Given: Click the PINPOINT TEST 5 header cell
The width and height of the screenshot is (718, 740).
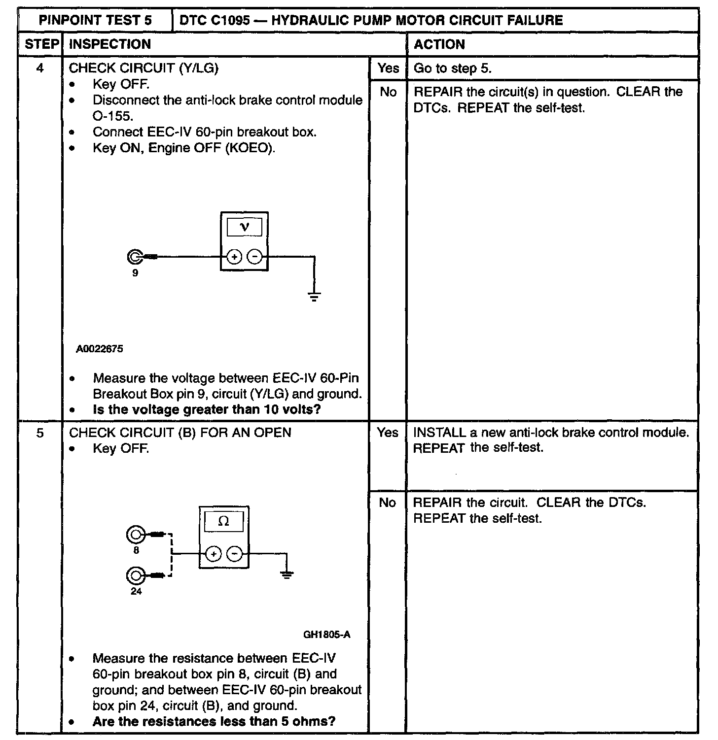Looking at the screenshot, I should pyautogui.click(x=95, y=21).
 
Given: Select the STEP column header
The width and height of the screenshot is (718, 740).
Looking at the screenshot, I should pyautogui.click(x=41, y=44).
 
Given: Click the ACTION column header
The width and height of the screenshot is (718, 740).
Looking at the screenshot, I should pyautogui.click(x=439, y=44).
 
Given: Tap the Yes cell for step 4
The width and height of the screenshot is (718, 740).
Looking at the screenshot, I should pyautogui.click(x=388, y=68).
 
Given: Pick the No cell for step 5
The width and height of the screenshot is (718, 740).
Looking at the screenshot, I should pyautogui.click(x=387, y=503).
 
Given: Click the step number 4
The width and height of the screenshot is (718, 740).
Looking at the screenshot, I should pyautogui.click(x=40, y=68).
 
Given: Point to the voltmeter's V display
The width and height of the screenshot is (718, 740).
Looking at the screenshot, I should pyautogui.click(x=244, y=227).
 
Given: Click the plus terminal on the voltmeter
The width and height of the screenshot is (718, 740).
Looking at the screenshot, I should pyautogui.click(x=234, y=257).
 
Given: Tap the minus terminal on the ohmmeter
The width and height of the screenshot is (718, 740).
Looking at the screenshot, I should pyautogui.click(x=234, y=554).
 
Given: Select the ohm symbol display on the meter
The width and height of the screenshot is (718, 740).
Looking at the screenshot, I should pyautogui.click(x=223, y=522).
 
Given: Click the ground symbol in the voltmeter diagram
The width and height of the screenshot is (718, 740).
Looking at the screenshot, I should pyautogui.click(x=314, y=296).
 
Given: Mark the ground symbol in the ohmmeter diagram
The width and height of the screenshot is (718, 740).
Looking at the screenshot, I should pyautogui.click(x=287, y=574).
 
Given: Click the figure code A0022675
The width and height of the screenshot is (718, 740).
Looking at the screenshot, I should pyautogui.click(x=100, y=349).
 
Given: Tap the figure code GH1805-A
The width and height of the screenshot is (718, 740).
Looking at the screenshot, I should pyautogui.click(x=326, y=635).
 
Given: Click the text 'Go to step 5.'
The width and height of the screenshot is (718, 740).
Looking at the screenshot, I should pyautogui.click(x=452, y=68).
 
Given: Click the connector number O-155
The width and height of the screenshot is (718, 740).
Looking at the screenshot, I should pyautogui.click(x=112, y=116).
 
